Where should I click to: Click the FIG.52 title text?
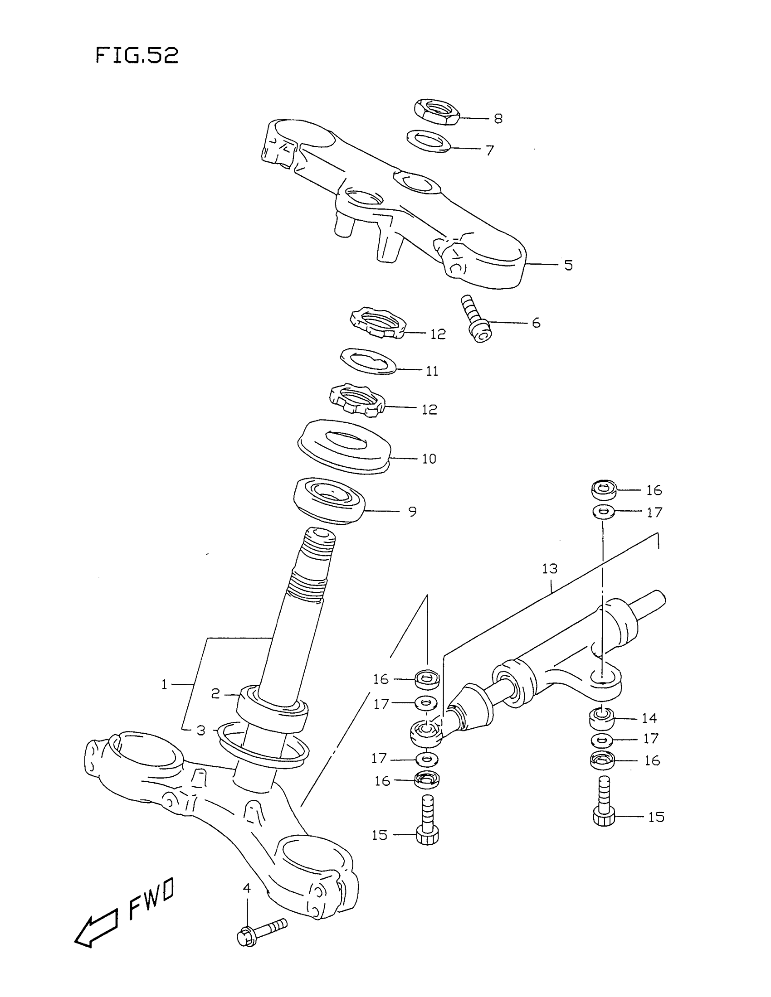(x=137, y=56)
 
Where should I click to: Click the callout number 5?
(x=568, y=265)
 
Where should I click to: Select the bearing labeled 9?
(x=328, y=501)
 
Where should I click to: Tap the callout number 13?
(x=550, y=569)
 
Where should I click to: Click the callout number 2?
(x=215, y=694)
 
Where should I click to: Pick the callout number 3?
(x=201, y=731)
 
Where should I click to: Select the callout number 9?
(x=412, y=512)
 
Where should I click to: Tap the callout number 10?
(x=429, y=458)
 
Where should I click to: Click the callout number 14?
(x=649, y=719)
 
